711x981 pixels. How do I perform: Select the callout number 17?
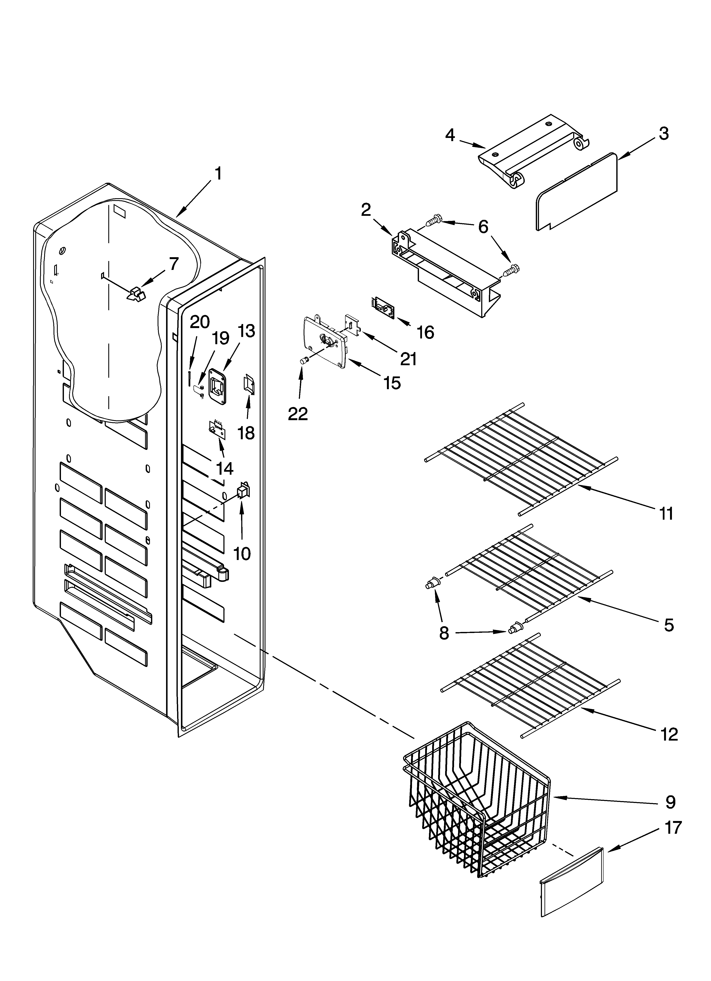(x=673, y=827)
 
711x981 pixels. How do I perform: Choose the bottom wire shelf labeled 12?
(x=528, y=683)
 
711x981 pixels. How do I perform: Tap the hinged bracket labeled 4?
(x=533, y=151)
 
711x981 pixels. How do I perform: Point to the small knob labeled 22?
(x=304, y=360)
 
